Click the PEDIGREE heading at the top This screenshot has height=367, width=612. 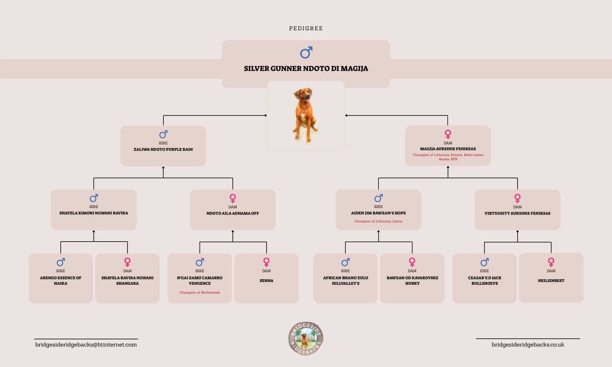click(x=306, y=28)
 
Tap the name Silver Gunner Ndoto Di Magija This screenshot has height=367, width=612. click(x=306, y=69)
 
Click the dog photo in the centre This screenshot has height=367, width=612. click(x=306, y=115)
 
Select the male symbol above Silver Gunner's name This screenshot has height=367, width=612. click(x=306, y=53)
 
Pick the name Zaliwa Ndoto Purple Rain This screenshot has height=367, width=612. click(x=163, y=149)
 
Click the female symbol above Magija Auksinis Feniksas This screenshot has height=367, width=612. click(x=448, y=134)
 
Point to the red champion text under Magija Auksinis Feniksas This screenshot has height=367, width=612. click(x=448, y=157)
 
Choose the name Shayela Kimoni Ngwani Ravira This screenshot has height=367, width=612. click(x=94, y=213)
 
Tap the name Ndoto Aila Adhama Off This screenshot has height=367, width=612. click(x=233, y=213)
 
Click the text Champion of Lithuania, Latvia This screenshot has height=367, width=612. click(x=378, y=221)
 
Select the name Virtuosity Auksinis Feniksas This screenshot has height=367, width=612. click(x=517, y=213)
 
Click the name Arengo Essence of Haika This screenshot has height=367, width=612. click(x=60, y=281)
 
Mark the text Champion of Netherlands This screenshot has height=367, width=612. click(x=200, y=292)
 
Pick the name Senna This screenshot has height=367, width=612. click(x=266, y=281)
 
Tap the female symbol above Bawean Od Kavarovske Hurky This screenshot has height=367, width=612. click(x=412, y=262)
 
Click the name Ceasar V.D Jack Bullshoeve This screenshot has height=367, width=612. click(x=484, y=281)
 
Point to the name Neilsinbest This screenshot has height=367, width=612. click(x=551, y=281)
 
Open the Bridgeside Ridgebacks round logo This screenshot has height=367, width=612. click(x=306, y=338)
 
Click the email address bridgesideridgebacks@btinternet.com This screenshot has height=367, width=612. click(x=86, y=345)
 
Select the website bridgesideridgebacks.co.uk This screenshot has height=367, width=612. click(x=528, y=345)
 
